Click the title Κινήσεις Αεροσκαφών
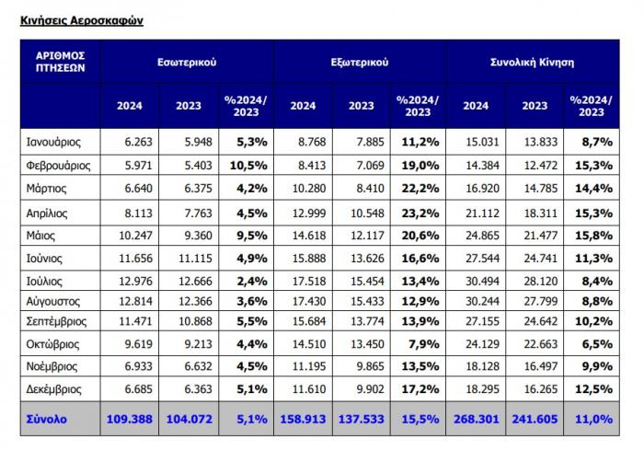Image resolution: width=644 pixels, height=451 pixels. [82, 20]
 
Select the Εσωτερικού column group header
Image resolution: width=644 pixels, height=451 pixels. [187, 62]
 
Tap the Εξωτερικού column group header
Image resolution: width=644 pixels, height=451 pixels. [360, 62]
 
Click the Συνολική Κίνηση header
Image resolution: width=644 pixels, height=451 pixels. [533, 62]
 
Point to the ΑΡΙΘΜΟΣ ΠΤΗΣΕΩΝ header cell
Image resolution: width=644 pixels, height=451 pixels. [61, 62]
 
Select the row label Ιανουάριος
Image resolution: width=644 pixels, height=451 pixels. [53, 142]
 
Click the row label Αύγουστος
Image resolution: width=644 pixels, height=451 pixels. [53, 302]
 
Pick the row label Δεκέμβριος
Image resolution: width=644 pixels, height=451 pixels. [53, 389]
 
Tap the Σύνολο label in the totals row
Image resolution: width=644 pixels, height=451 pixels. [46, 419]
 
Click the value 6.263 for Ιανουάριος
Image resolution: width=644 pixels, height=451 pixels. [138, 142]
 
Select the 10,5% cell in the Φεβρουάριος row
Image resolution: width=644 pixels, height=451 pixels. [248, 165]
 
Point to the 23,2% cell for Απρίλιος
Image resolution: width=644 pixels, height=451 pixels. [420, 214]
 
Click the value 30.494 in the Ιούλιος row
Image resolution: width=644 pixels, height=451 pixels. [482, 281]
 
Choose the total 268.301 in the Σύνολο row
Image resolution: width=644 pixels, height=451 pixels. [477, 419]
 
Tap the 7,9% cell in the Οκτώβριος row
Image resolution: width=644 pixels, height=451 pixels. [424, 344]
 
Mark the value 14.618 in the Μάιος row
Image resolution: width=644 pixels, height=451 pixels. [309, 236]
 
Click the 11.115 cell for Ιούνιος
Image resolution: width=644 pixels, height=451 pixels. [195, 259]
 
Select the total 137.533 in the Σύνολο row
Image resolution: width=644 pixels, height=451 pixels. [361, 419]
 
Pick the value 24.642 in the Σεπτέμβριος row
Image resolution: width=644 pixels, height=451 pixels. [541, 321]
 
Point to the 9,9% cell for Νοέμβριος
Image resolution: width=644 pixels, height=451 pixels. [597, 366]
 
